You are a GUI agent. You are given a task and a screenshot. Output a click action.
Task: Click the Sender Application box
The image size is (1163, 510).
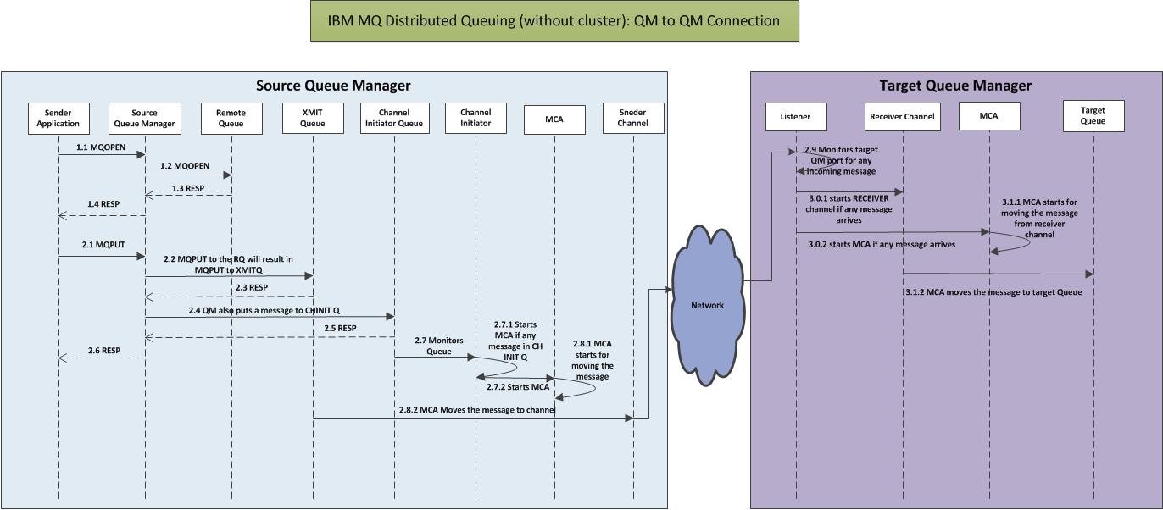[x=58, y=118]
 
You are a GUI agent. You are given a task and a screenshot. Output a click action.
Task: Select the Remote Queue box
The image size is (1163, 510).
[x=231, y=118]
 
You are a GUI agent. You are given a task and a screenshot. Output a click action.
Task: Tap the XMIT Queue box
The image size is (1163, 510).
[x=312, y=118]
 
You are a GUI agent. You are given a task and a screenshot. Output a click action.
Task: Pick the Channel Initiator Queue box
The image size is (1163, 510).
[x=394, y=118]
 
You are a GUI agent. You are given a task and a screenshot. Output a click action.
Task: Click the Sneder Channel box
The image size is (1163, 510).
[x=632, y=118]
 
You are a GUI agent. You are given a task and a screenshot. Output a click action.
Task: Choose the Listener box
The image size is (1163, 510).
[x=795, y=116]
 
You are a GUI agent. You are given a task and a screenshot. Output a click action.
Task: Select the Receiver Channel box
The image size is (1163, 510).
[x=902, y=116]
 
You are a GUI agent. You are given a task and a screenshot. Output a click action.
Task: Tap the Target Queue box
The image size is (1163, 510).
[x=1093, y=116]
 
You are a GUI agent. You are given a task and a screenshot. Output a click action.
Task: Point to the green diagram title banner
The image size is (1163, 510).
[x=554, y=21]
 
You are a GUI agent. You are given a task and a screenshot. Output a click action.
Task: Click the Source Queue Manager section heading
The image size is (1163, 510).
[x=333, y=86]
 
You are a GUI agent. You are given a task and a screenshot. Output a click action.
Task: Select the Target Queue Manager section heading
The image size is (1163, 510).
[x=954, y=86]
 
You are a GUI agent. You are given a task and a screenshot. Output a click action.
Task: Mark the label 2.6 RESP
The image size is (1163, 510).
[x=104, y=351]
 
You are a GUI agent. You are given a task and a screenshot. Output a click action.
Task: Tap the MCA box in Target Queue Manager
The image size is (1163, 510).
[x=988, y=116]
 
